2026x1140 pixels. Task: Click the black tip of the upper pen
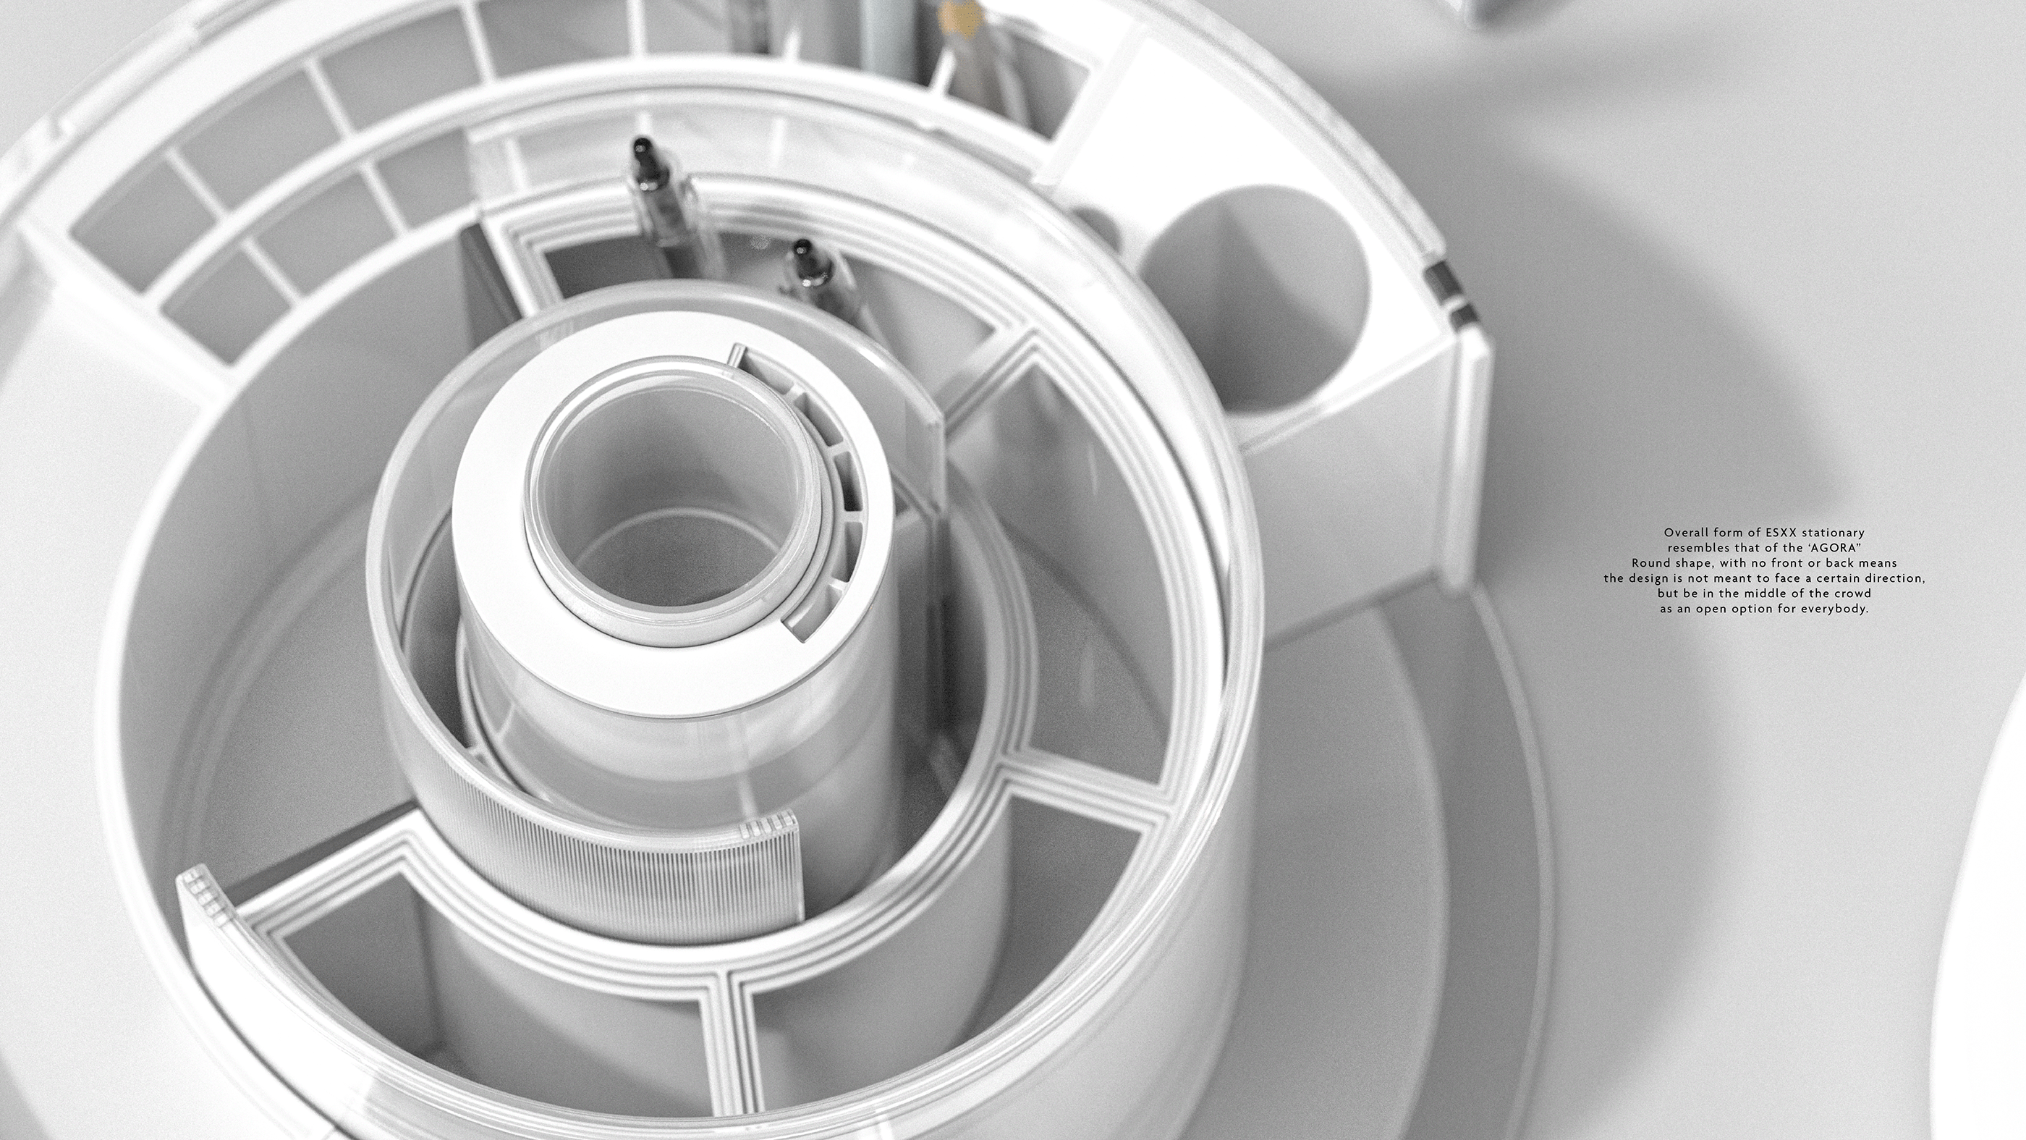click(642, 147)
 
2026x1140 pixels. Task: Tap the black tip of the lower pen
click(802, 248)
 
